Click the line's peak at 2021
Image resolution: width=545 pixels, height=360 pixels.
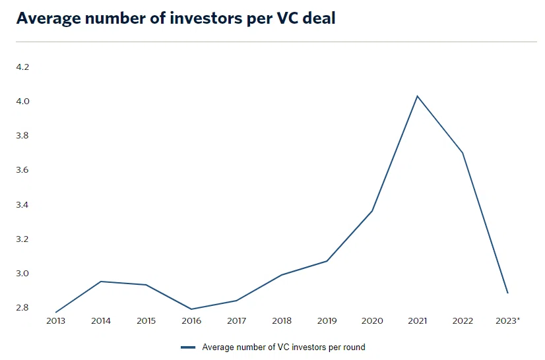tap(417, 96)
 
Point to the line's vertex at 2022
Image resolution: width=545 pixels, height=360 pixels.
tap(463, 153)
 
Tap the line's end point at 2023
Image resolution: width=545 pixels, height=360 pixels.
tap(508, 293)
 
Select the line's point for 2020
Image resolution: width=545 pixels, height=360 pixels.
tap(372, 211)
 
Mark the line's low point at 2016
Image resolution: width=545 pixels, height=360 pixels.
tap(191, 309)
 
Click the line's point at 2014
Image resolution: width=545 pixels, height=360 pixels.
tap(101, 282)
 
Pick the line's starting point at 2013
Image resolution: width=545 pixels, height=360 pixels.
tap(55, 313)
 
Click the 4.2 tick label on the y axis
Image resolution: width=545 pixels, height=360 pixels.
tap(22, 67)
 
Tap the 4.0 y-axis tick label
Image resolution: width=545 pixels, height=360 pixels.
tap(22, 101)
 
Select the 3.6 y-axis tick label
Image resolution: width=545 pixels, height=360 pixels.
tap(22, 170)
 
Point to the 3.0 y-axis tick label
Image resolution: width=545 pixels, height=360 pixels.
tap(22, 274)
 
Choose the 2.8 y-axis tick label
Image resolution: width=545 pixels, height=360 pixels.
tap(22, 307)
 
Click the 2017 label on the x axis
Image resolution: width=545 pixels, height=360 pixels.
tap(236, 320)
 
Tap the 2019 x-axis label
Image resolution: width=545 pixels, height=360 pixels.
tap(327, 320)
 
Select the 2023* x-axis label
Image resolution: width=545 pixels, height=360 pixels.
tap(508, 320)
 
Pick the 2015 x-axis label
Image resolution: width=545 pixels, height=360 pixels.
tap(146, 320)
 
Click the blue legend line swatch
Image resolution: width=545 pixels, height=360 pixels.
tap(188, 347)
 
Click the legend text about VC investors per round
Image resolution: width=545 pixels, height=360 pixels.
tap(284, 347)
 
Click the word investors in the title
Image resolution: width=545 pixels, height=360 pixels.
tap(206, 18)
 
